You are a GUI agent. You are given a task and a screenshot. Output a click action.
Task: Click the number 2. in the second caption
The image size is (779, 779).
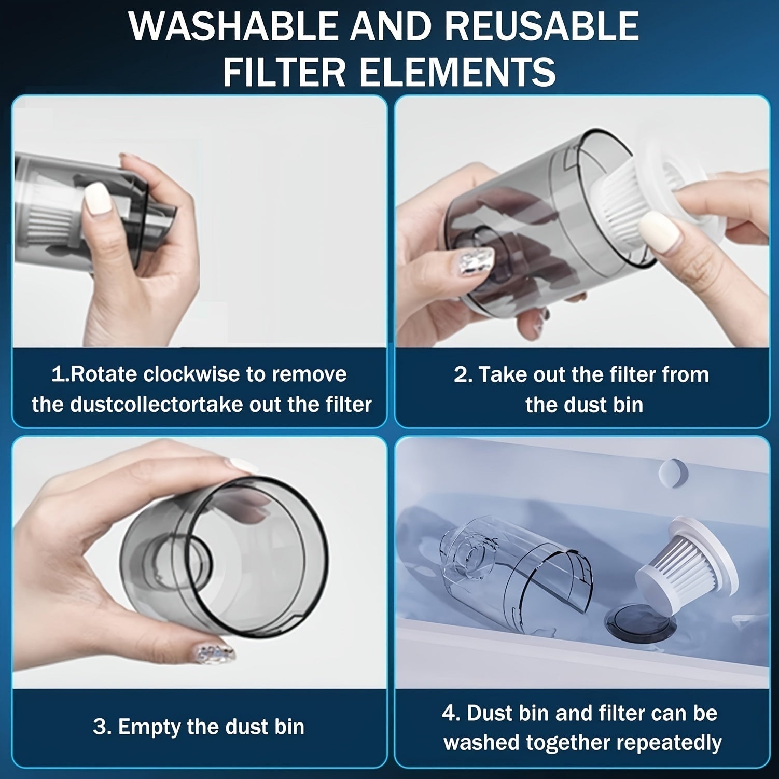(x=463, y=374)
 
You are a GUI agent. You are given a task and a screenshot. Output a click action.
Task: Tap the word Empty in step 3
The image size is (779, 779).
(x=150, y=727)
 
